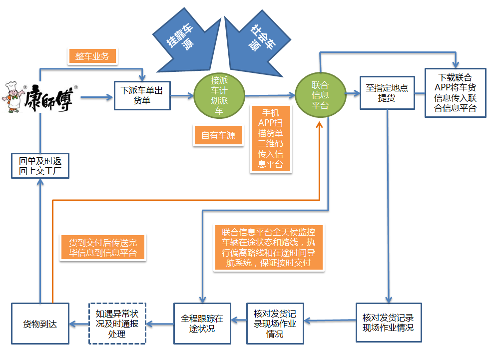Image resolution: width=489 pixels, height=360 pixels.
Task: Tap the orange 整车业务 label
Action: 92,56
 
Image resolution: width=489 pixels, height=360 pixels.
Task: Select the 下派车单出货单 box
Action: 142,95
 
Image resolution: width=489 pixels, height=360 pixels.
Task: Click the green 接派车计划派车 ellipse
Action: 219,95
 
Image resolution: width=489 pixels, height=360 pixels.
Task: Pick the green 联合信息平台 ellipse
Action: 320,95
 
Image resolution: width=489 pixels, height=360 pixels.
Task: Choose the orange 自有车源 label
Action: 218,135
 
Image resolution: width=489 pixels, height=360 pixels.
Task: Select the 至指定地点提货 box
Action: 387,93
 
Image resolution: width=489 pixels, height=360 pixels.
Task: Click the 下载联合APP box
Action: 455,93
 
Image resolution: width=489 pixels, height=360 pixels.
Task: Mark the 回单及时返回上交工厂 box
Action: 40,166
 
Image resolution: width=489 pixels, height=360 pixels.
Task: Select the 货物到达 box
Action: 40,324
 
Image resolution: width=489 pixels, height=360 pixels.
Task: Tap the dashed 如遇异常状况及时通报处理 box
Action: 117,324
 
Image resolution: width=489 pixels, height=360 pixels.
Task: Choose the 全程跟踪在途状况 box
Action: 202,324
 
